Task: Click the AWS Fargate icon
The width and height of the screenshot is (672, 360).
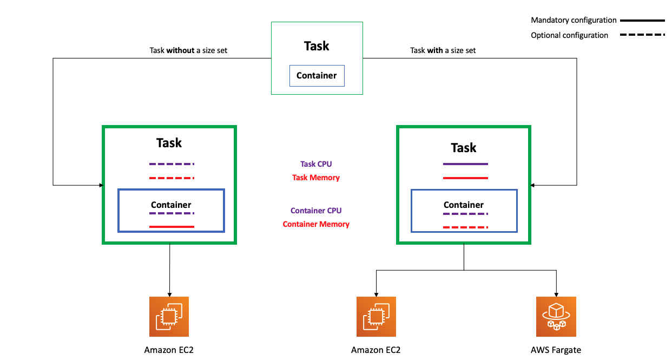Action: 556,317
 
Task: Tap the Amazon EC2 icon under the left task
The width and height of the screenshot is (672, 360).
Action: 169,317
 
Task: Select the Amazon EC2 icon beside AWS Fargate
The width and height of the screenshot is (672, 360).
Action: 376,317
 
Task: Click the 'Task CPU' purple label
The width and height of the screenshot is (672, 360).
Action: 316,164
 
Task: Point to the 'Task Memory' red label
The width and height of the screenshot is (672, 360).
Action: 316,178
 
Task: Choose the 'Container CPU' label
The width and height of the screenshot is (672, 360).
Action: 316,211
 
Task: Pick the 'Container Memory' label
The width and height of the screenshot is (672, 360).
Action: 316,224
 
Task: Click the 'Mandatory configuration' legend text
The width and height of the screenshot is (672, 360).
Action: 574,20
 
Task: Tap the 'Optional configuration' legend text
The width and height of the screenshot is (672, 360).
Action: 569,35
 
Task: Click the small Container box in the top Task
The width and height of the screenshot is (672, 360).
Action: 317,76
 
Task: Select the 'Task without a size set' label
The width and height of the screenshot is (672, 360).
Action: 188,50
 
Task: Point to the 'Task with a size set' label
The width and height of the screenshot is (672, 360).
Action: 443,50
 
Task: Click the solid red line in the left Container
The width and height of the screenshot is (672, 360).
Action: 172,226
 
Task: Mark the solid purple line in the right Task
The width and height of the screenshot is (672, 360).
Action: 465,163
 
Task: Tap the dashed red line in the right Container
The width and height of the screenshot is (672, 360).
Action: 465,227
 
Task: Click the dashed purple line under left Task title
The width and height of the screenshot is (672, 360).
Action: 172,163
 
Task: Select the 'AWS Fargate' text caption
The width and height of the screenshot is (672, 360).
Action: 556,350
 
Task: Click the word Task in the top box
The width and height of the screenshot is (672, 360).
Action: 317,46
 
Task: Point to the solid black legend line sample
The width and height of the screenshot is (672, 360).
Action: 642,20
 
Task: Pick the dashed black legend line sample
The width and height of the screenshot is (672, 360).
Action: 642,35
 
